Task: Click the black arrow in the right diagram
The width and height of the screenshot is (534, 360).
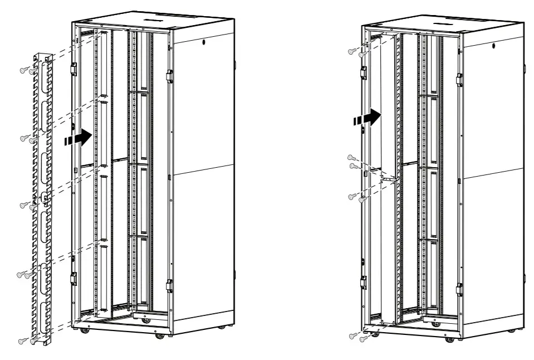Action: [x=370, y=118]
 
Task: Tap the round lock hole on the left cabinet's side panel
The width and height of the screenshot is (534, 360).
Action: [x=203, y=42]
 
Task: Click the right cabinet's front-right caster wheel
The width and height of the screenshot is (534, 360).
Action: [x=448, y=338]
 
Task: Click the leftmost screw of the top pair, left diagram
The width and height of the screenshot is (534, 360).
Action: [x=23, y=70]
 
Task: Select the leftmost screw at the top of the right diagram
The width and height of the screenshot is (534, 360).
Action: [x=351, y=51]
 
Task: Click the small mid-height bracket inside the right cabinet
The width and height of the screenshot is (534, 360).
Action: [x=389, y=178]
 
